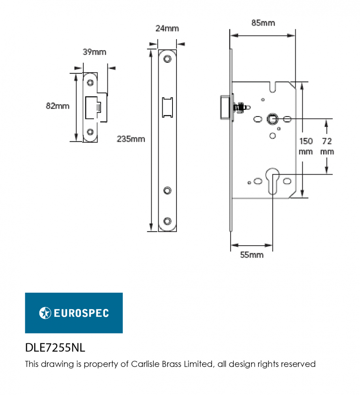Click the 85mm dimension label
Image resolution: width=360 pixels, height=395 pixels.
[263, 23]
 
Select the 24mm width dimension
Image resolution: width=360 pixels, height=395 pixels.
[167, 28]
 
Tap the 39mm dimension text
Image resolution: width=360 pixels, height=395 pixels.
[94, 52]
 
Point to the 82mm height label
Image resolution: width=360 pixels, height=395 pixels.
[57, 106]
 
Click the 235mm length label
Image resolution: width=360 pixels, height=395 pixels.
[131, 139]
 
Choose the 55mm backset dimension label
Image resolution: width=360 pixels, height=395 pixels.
[252, 255]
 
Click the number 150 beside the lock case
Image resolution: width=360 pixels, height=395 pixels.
[306, 141]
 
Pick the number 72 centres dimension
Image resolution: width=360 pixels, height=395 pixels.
[327, 141]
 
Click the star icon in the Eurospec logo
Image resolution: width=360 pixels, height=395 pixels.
[45, 313]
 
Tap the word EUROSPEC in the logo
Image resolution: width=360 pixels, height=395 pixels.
[81, 313]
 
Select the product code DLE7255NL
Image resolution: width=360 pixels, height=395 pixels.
[55, 348]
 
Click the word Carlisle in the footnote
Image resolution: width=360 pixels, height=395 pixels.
[146, 364]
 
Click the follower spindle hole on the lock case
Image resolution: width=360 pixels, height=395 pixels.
[272, 118]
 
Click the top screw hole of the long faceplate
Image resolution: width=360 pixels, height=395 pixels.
[167, 59]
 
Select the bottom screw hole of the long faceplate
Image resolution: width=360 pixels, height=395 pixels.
[167, 221]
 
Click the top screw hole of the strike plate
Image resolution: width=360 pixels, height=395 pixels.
[90, 83]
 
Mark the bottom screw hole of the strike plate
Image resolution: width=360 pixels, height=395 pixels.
[90, 132]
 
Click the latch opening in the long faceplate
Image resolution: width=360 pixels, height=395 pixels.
[167, 107]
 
